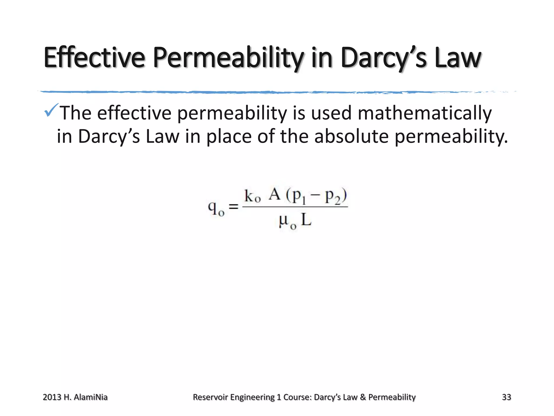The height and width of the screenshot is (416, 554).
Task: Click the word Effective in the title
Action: pyautogui.click(x=94, y=57)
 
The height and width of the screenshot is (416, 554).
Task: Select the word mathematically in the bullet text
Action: pyautogui.click(x=424, y=113)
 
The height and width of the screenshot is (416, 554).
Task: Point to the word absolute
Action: pyautogui.click(x=351, y=136)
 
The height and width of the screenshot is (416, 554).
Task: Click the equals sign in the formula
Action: pyautogui.click(x=233, y=207)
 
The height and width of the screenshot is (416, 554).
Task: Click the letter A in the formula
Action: pyautogui.click(x=274, y=194)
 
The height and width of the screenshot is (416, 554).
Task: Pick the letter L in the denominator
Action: pyautogui.click(x=306, y=220)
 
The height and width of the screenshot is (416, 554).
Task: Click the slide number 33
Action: pyautogui.click(x=506, y=397)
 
